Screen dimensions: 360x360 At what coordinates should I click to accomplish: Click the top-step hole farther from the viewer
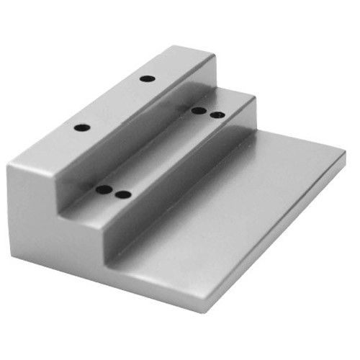(147, 78)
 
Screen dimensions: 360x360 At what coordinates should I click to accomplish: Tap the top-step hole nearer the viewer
(82, 127)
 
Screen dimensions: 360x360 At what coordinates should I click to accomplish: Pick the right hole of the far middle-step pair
(216, 114)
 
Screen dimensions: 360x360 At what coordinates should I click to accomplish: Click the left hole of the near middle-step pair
(105, 190)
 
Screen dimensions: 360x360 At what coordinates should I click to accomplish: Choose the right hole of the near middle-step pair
(123, 194)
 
